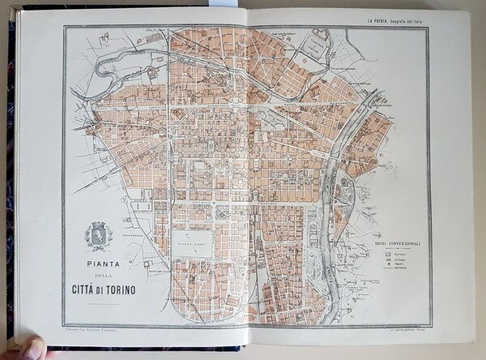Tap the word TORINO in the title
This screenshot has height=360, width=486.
[126, 289]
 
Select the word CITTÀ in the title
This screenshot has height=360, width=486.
[87, 289]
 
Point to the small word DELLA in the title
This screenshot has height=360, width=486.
[100, 276]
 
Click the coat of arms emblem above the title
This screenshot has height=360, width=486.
[99, 236]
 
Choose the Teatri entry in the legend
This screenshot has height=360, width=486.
[394, 266]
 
